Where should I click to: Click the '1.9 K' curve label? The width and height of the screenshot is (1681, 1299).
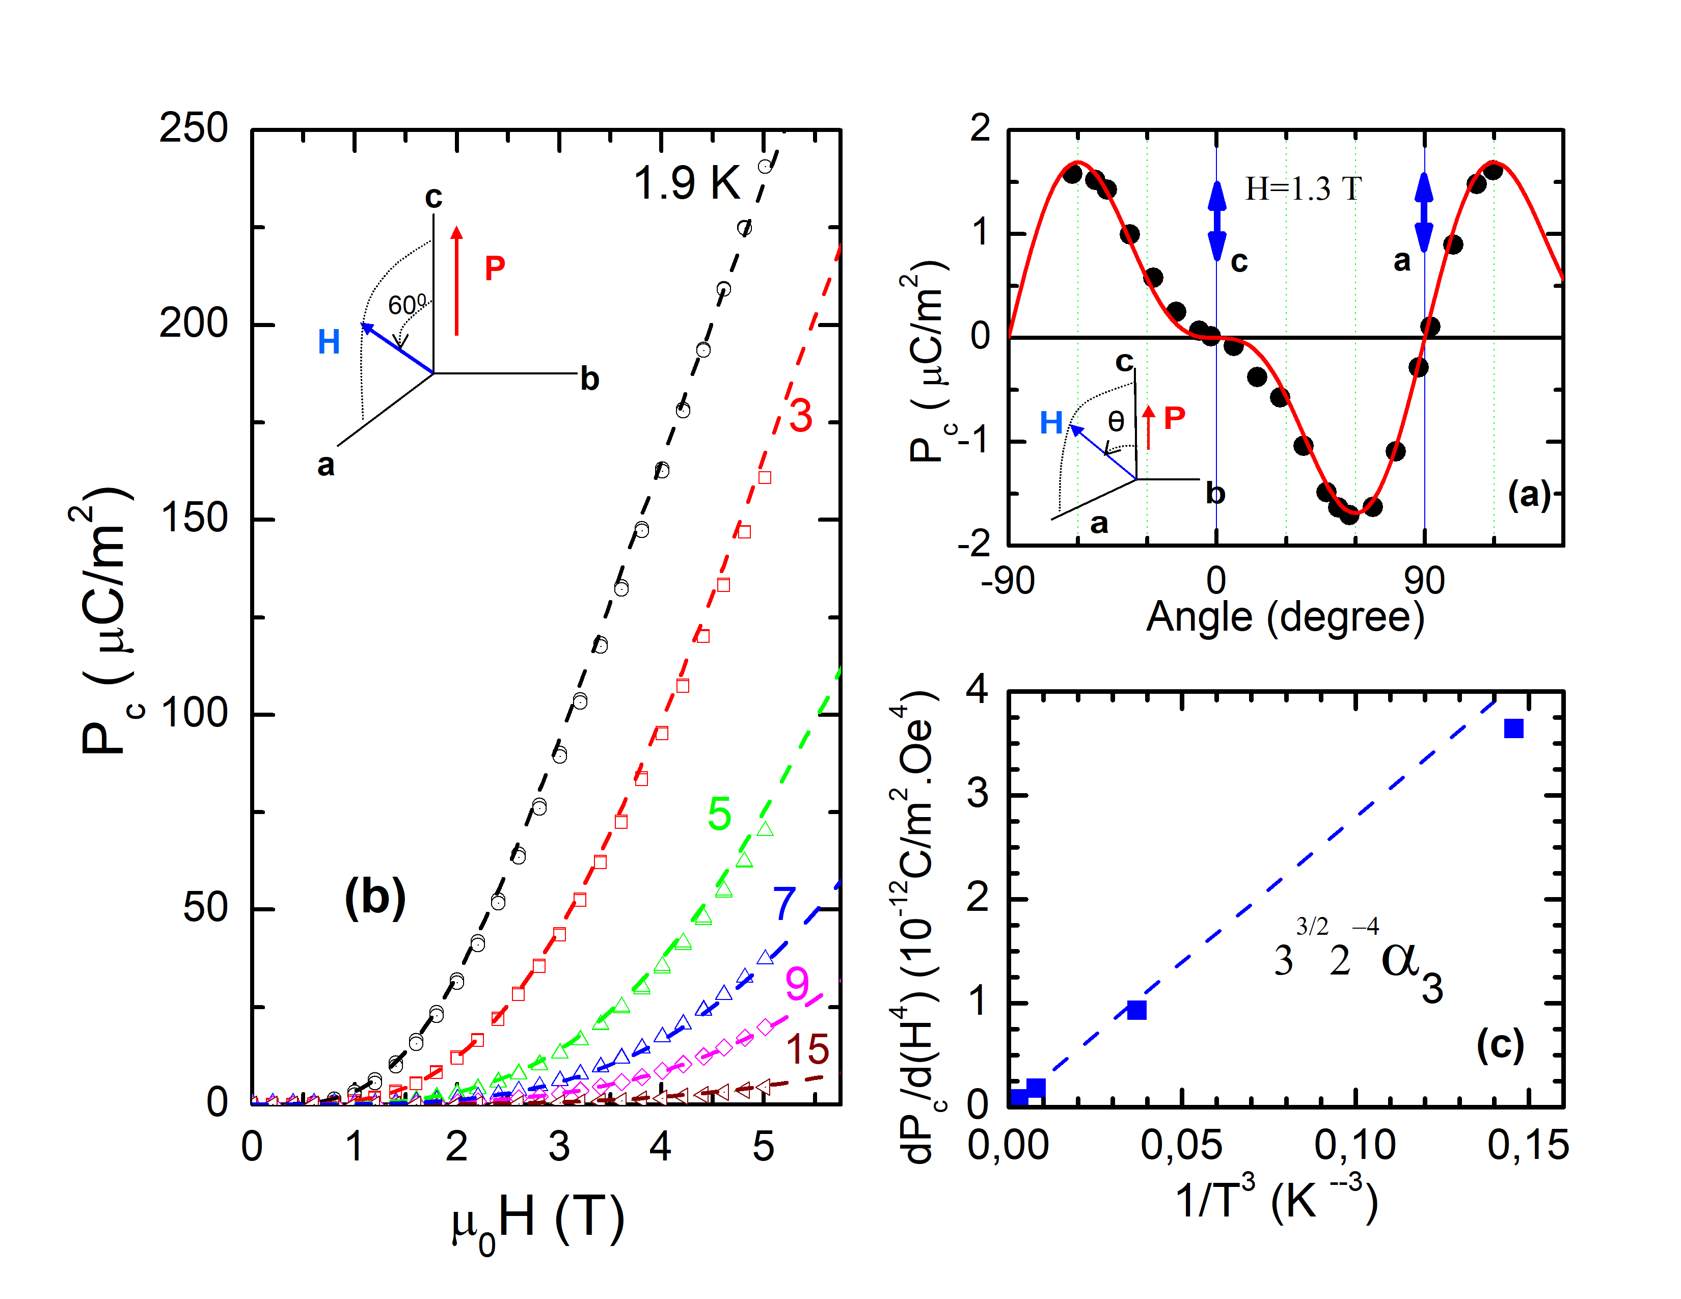pyautogui.click(x=687, y=184)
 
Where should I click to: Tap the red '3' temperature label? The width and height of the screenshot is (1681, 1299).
pyautogui.click(x=800, y=416)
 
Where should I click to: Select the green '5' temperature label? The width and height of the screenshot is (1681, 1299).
pyautogui.click(x=719, y=814)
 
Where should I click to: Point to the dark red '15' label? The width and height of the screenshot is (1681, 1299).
pyautogui.click(x=807, y=1049)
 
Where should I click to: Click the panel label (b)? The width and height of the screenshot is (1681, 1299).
pyautogui.click(x=375, y=897)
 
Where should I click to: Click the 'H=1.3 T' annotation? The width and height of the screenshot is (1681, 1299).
pyautogui.click(x=1303, y=188)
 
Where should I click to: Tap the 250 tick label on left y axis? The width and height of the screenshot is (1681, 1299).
pyautogui.click(x=193, y=128)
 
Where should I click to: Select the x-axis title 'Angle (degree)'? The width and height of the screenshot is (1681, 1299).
pyautogui.click(x=1285, y=616)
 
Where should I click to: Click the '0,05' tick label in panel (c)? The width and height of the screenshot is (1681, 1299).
pyautogui.click(x=1181, y=1146)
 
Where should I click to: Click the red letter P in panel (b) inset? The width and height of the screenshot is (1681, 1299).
pyautogui.click(x=494, y=268)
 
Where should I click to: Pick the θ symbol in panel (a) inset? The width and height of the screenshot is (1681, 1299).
pyautogui.click(x=1115, y=421)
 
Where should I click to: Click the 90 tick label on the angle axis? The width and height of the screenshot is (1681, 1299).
pyautogui.click(x=1424, y=582)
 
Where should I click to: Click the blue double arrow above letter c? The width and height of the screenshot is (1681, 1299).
pyautogui.click(x=1217, y=221)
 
